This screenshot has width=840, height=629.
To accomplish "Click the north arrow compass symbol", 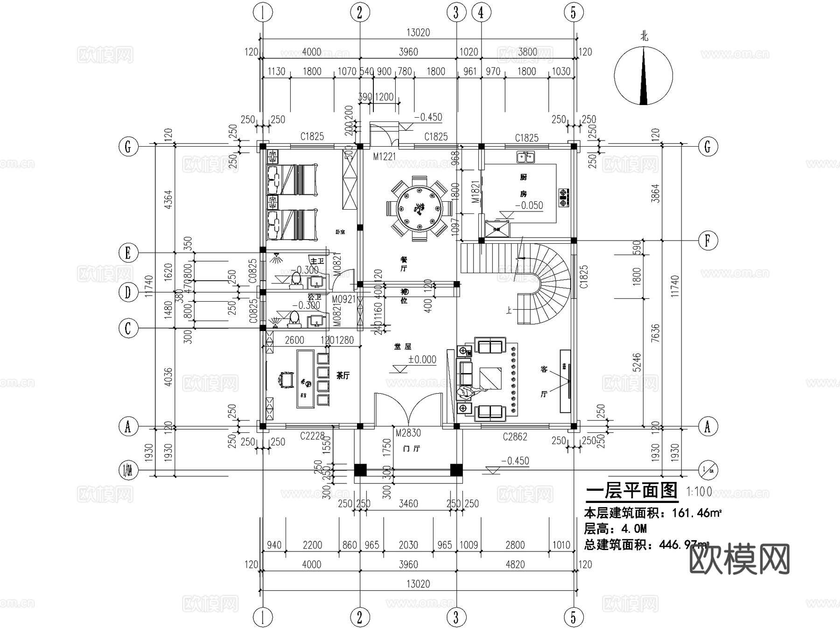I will pos(644,76).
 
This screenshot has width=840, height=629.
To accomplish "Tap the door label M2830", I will pos(408,433).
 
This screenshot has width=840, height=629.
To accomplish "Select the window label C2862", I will pos(515,437).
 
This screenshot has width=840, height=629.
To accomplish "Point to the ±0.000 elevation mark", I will pos(422,360).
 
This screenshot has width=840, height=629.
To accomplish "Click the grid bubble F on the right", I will pos(707,241).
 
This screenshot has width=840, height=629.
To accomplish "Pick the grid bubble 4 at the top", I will pos(481,13).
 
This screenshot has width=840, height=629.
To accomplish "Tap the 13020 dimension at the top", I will pos(418,33).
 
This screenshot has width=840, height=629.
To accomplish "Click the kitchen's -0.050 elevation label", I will pos(529,205).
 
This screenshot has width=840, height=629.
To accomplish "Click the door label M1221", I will pos(384,156).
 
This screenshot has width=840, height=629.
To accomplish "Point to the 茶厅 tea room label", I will pos(343,375).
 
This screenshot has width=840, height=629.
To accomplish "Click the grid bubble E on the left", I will pos(128,253).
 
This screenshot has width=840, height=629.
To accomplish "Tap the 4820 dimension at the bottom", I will pos(515,565).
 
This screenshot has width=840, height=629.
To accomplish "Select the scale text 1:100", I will pos(699,491).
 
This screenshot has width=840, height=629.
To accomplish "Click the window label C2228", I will pos(312,436).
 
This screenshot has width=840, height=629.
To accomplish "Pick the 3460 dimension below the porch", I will pos(408,504).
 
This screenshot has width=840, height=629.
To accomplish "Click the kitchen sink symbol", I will pos(526,157).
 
